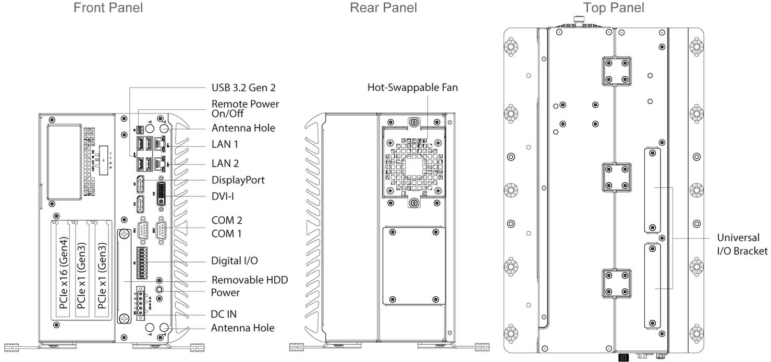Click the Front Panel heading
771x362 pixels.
(x=108, y=8)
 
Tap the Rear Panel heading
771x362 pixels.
(x=383, y=8)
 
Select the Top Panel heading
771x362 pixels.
(x=614, y=8)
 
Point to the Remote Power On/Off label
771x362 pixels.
(x=245, y=109)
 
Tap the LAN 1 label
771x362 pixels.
(x=225, y=144)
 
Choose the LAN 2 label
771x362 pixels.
(x=225, y=164)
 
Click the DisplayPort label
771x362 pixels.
(x=238, y=180)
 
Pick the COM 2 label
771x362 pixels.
(x=227, y=220)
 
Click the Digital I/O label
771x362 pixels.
(x=234, y=260)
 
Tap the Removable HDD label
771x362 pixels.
(x=249, y=280)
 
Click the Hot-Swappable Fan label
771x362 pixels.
(x=412, y=88)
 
